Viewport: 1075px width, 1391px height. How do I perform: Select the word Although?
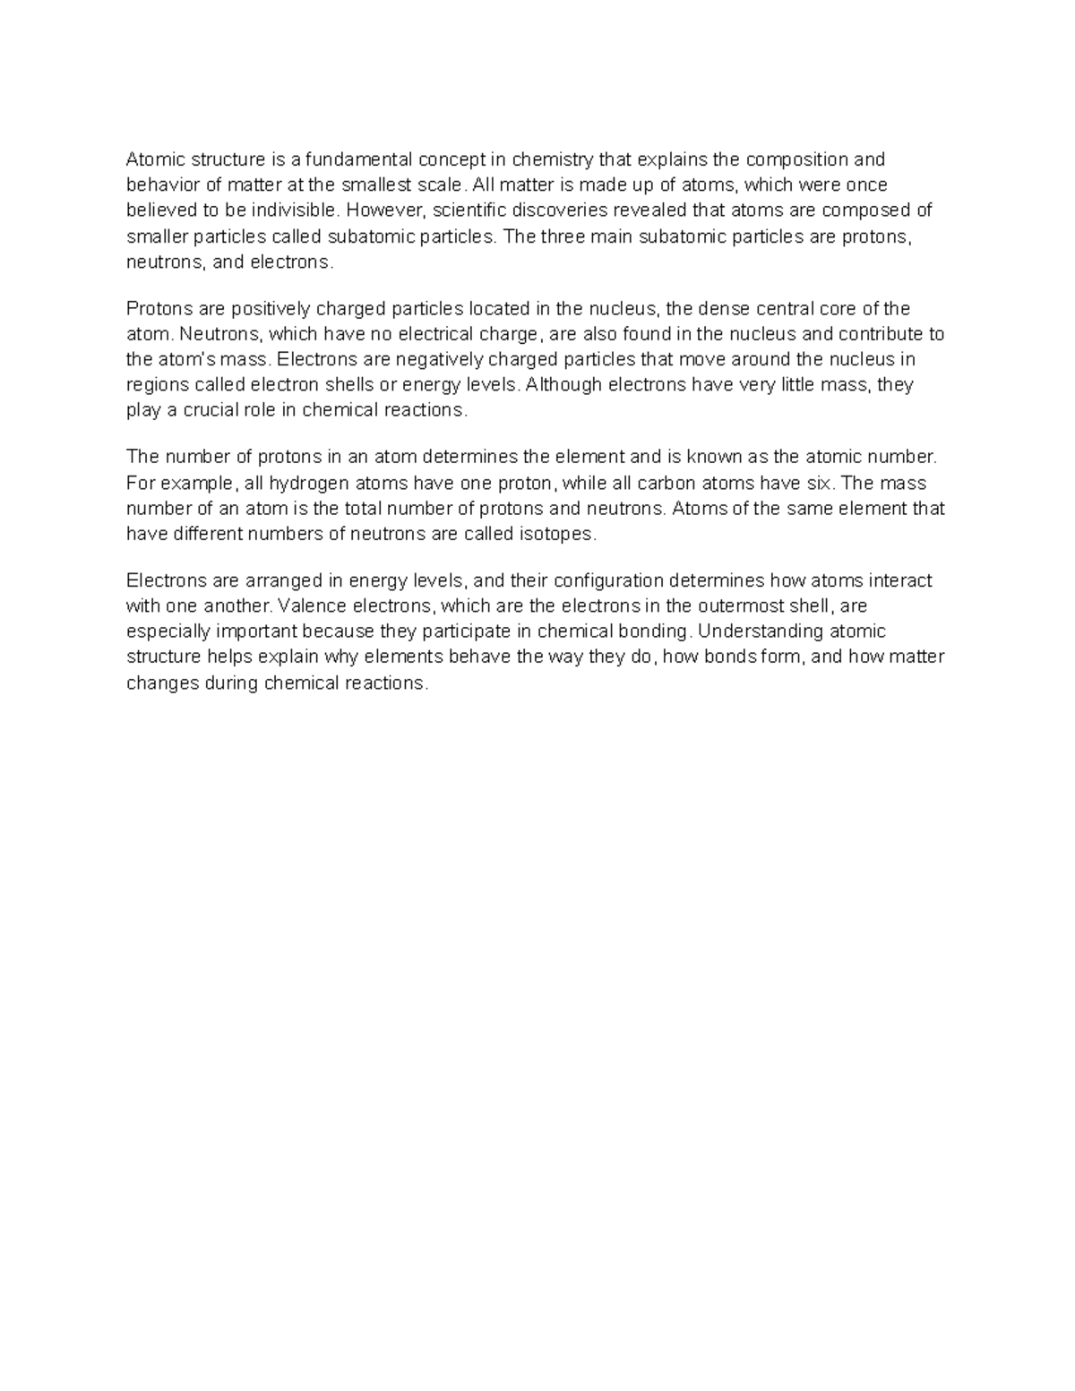point(565,385)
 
